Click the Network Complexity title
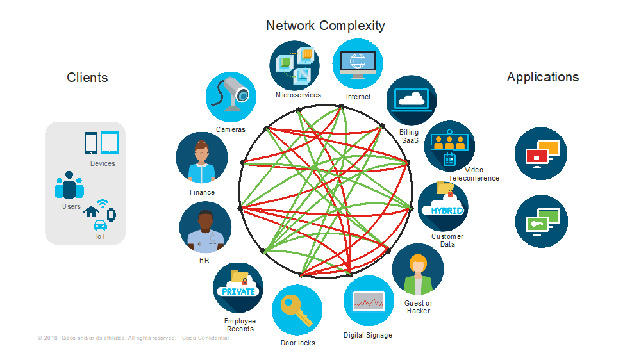click(x=326, y=26)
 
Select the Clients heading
click(x=87, y=78)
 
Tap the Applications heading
click(x=542, y=77)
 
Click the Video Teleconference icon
click(x=449, y=146)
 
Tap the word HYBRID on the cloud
click(x=446, y=210)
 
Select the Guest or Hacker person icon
click(x=418, y=269)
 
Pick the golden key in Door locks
click(x=296, y=310)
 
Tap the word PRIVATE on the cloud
click(x=238, y=291)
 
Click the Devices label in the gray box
click(x=103, y=163)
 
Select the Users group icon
click(x=69, y=185)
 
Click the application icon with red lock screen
click(x=541, y=154)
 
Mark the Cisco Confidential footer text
click(x=205, y=338)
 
